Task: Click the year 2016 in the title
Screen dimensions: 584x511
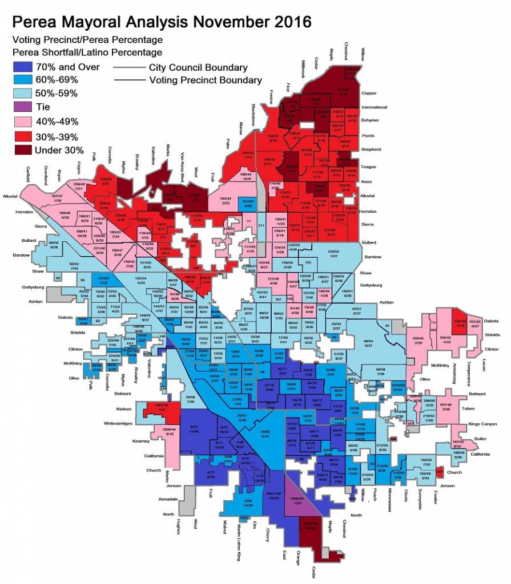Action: (x=288, y=22)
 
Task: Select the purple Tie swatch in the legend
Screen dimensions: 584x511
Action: (x=22, y=107)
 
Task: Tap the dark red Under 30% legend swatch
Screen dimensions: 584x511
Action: (x=22, y=151)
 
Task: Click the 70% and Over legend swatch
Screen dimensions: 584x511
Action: (x=22, y=67)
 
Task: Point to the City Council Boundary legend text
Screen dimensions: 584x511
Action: (x=198, y=68)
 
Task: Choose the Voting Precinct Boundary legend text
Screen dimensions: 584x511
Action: (x=205, y=80)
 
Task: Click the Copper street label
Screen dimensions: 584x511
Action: (x=369, y=93)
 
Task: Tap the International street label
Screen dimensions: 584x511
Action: (x=375, y=107)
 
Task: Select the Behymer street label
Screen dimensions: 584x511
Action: (x=371, y=121)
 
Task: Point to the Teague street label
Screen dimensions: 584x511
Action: (x=369, y=167)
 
